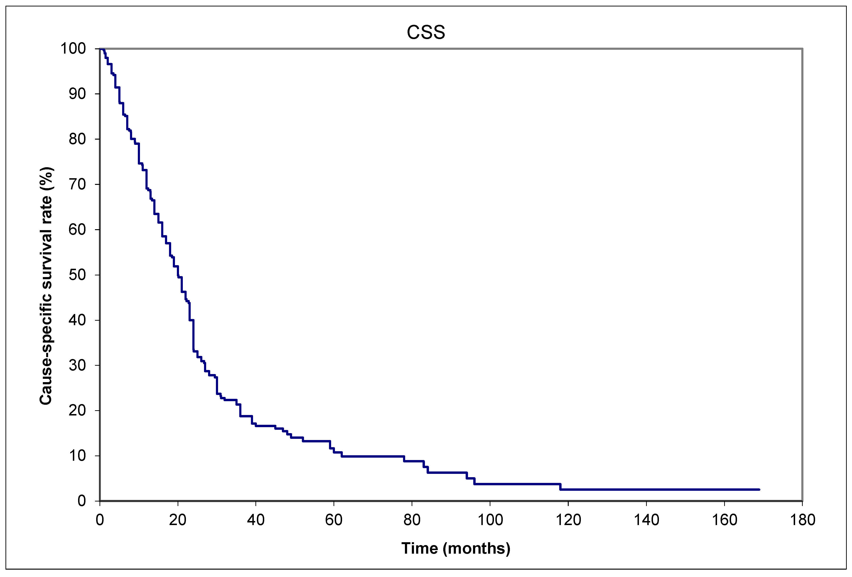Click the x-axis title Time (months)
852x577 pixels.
[456, 548]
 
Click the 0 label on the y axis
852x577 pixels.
[81, 501]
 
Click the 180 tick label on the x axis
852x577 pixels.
[802, 520]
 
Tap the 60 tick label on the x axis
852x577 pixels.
[334, 520]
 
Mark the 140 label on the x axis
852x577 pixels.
[646, 520]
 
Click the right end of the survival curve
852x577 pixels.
[759, 489]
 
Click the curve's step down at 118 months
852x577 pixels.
[560, 487]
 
